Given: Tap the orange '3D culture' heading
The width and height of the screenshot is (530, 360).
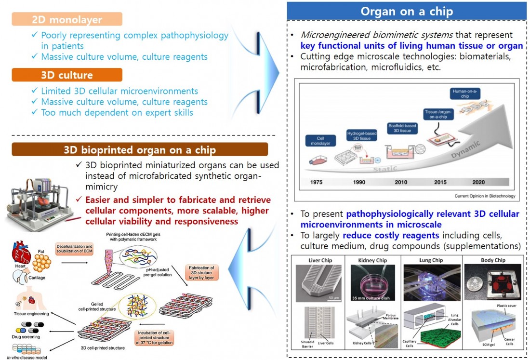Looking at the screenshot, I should click(67, 75).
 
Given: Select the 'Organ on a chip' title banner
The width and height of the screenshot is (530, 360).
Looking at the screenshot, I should click(406, 11).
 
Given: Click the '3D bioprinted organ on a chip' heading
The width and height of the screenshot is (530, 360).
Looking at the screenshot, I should click(140, 149).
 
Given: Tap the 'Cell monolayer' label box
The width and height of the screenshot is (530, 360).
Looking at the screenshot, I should click(317, 141).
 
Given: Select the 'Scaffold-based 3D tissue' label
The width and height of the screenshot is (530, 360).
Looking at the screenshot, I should click(402, 129).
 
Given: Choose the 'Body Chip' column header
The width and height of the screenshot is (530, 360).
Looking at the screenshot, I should click(490, 261).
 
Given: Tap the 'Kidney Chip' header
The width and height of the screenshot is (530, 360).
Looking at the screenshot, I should click(373, 261).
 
